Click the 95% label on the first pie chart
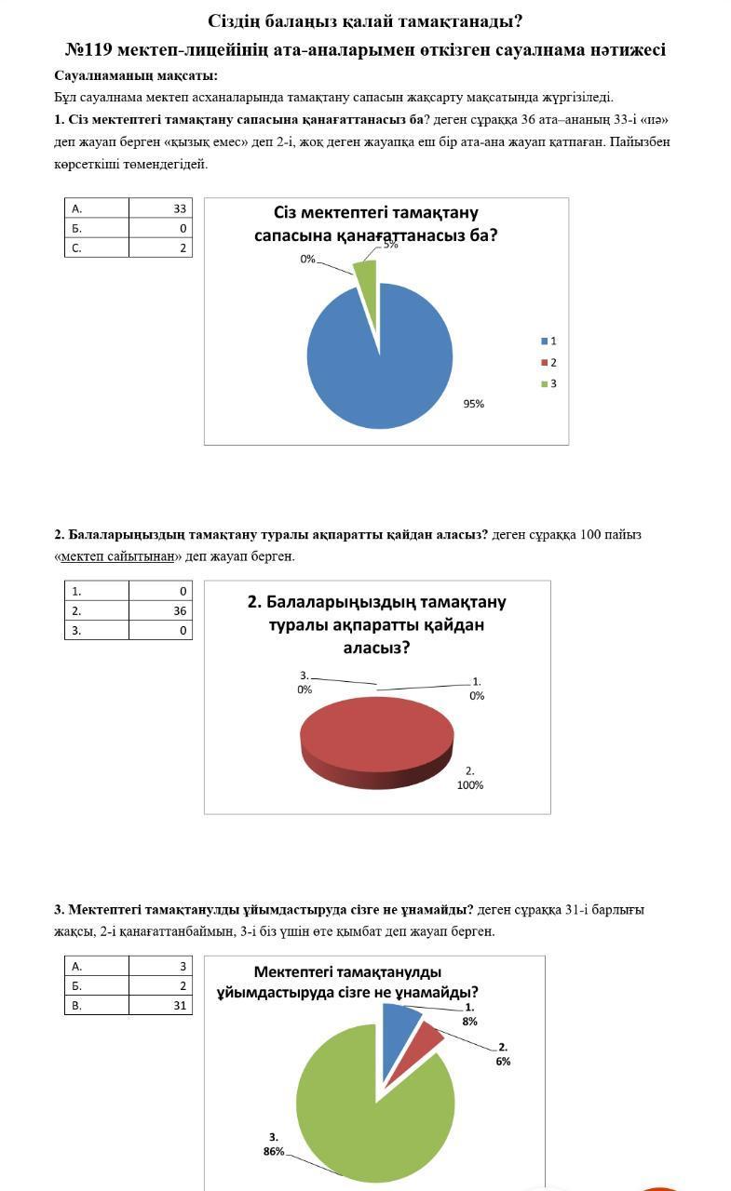474,404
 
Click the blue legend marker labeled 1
545,341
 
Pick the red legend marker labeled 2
545,363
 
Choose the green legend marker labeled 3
545,384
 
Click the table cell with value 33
160,208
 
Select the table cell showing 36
160,611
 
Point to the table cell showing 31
160,1005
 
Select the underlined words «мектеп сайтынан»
117,556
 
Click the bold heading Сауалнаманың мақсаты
136,75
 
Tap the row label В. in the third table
77,1005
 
